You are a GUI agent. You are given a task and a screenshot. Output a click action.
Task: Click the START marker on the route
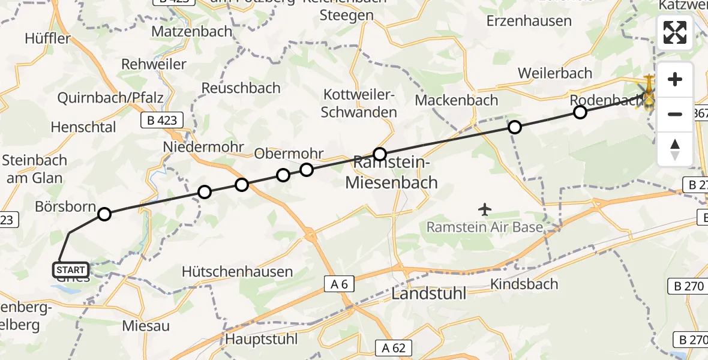point(71,270)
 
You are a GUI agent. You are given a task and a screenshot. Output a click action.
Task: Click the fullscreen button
point(675,32)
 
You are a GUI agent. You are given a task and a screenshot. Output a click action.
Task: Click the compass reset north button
point(675,149)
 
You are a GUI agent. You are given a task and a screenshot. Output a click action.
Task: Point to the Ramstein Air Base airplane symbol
point(485,209)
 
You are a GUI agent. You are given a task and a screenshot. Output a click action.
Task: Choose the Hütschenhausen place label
point(238,272)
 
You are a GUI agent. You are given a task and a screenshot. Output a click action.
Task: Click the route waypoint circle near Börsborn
point(104,214)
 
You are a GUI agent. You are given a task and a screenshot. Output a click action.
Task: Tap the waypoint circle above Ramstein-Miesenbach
point(379,154)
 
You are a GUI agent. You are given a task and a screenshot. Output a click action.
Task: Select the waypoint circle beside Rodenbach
point(580,112)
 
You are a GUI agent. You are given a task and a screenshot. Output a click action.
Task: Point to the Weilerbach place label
point(554,73)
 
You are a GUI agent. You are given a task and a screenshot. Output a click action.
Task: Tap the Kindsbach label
point(524,284)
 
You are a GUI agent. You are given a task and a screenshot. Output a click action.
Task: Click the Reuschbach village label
point(241,88)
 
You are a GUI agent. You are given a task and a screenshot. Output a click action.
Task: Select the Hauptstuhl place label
point(261,339)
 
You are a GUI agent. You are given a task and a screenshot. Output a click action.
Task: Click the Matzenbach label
point(192,31)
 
